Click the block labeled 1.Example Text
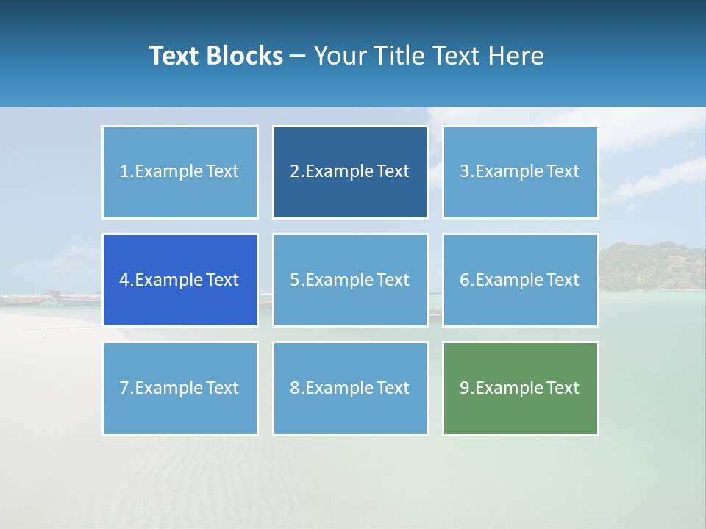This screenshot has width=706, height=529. pyautogui.click(x=180, y=172)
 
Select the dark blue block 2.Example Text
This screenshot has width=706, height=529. pyautogui.click(x=350, y=172)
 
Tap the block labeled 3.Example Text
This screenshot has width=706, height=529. pyautogui.click(x=520, y=172)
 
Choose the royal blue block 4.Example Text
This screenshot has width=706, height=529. pyautogui.click(x=180, y=280)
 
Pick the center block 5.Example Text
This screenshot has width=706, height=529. pyautogui.click(x=350, y=280)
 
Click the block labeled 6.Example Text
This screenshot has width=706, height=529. pyautogui.click(x=520, y=280)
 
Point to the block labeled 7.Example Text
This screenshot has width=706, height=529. pyautogui.click(x=180, y=388)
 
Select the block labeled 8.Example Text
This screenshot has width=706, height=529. pyautogui.click(x=350, y=388)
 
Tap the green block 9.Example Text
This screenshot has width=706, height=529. pyautogui.click(x=520, y=388)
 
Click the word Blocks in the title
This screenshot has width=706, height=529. pyautogui.click(x=246, y=56)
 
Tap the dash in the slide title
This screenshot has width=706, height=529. pyautogui.click(x=298, y=57)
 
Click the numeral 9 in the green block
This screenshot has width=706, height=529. pyautogui.click(x=465, y=388)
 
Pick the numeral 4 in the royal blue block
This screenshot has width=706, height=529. pyautogui.click(x=124, y=280)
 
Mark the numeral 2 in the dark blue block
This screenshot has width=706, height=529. pyautogui.click(x=294, y=172)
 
